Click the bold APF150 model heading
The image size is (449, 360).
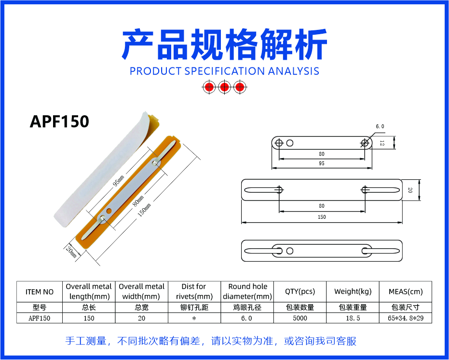[x=59, y=121]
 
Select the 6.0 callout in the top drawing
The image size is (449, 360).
[x=380, y=126]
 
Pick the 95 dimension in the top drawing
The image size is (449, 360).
[x=321, y=163]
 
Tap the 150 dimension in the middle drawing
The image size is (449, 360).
[x=322, y=217]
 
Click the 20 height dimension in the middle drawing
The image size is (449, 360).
[x=410, y=190]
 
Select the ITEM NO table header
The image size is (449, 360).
[x=40, y=292]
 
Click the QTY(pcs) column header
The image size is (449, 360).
[x=300, y=291]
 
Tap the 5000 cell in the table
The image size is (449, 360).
[x=300, y=318]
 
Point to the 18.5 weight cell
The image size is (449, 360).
[x=353, y=318]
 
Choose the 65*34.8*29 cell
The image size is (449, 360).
[x=406, y=318]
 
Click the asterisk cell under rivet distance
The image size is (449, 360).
[x=194, y=319]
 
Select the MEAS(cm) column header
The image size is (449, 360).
[x=406, y=291]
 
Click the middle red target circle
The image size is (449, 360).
[x=225, y=87]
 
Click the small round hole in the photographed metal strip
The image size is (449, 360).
[x=109, y=211]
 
